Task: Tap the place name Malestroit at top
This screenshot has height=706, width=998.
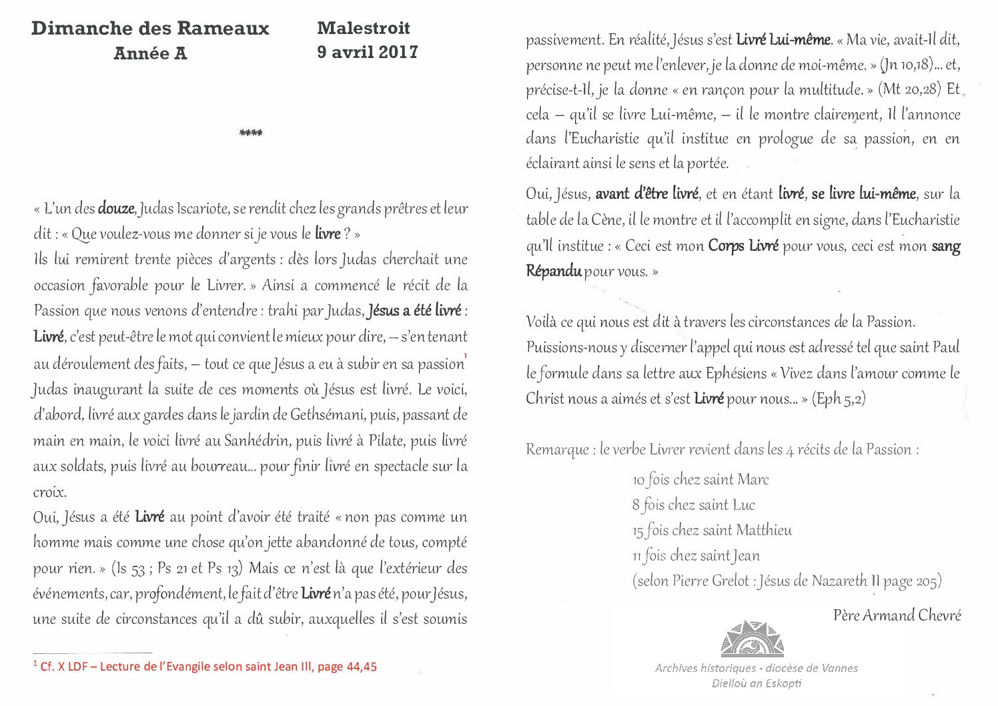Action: click(364, 28)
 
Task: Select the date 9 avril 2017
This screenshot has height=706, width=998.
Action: click(368, 52)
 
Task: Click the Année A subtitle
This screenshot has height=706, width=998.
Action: click(150, 54)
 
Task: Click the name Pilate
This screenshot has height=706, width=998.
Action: click(386, 441)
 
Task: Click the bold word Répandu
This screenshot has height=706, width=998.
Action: click(553, 272)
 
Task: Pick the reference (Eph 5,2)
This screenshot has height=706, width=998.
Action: click(839, 399)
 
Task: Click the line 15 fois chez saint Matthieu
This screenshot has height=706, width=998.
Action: click(712, 531)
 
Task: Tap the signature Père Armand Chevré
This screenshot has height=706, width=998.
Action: click(897, 615)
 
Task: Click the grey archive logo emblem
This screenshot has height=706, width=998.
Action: click(753, 639)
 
